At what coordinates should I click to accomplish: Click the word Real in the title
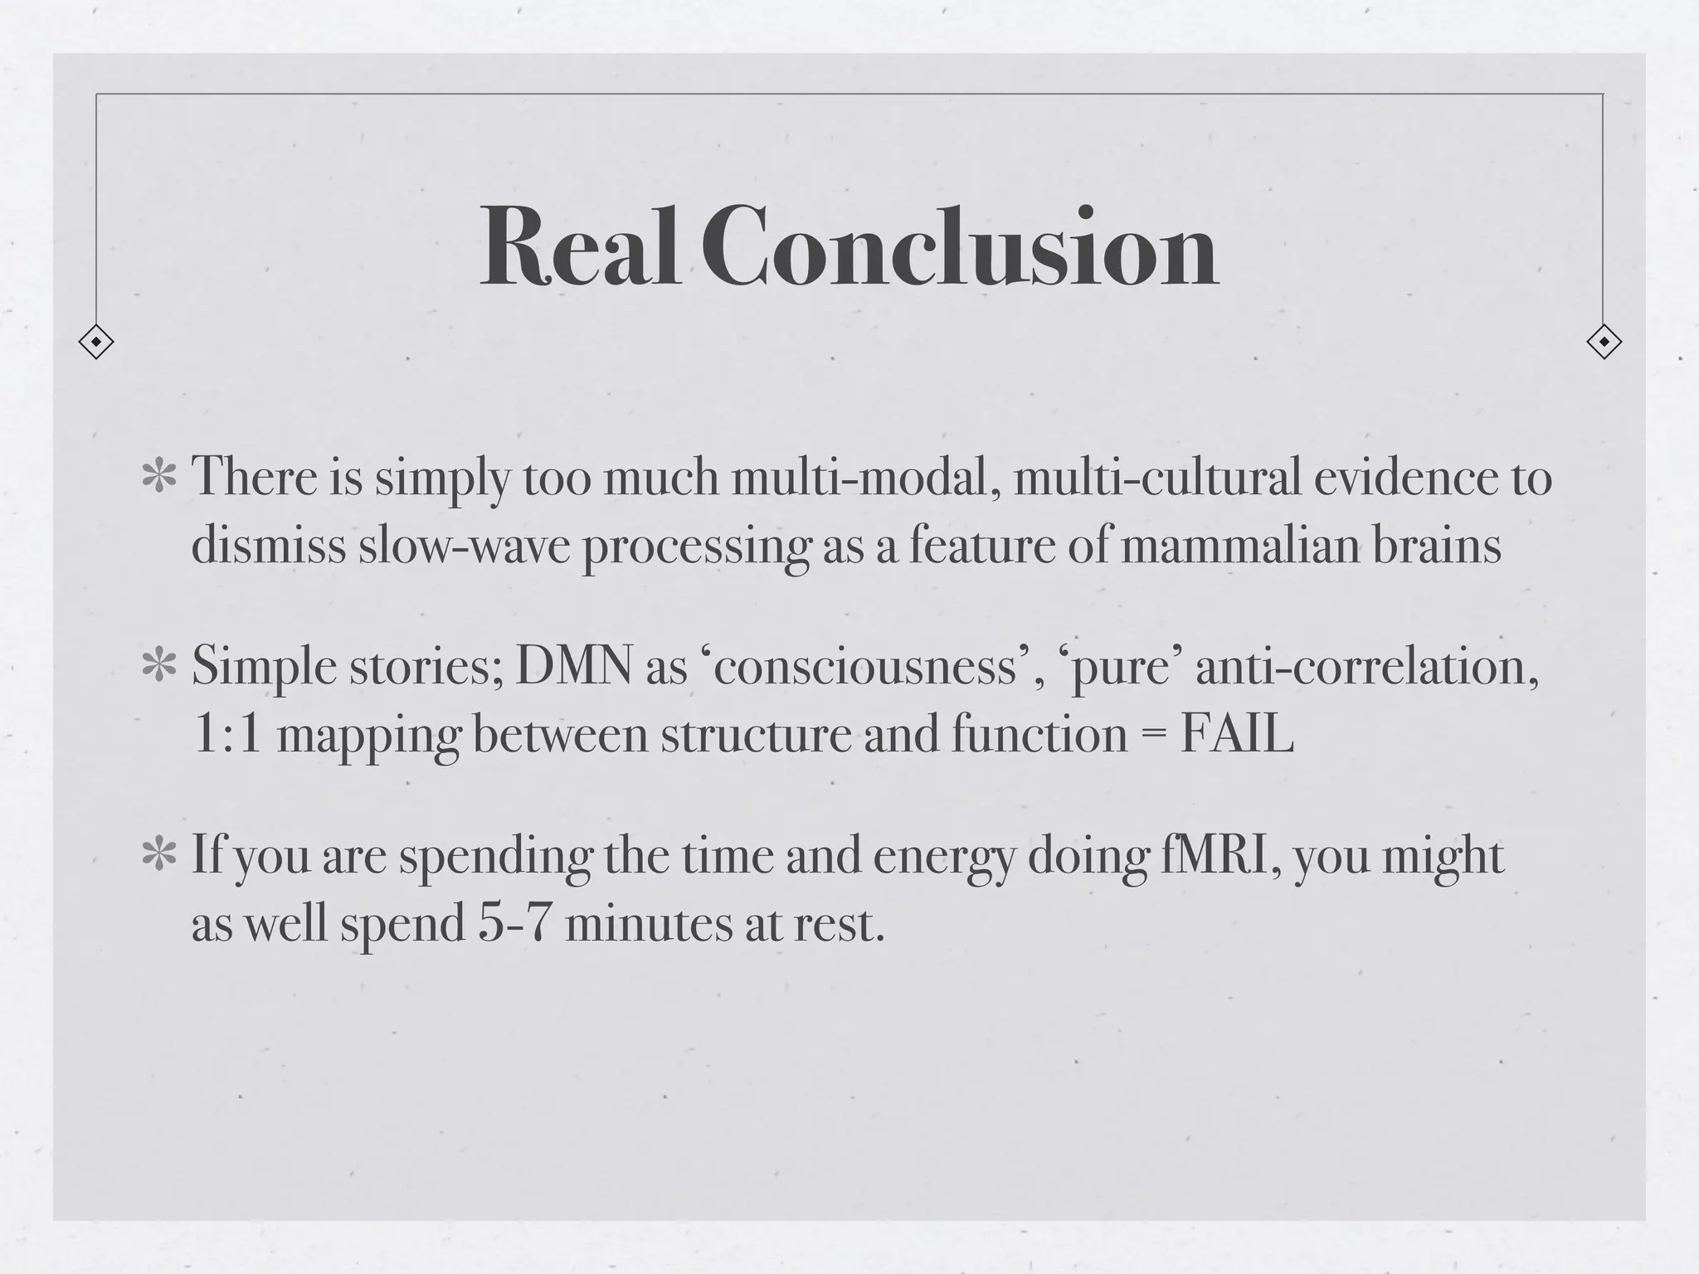[x=581, y=246]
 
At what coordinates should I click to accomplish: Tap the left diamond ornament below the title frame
[x=96, y=342]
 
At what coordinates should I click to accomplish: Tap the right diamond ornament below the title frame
[x=1604, y=342]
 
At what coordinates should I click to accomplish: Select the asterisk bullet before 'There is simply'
[x=158, y=479]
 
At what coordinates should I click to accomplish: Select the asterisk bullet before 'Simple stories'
[x=158, y=668]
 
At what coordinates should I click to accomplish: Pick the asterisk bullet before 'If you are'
[x=158, y=856]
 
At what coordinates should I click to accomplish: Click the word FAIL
[x=1236, y=734]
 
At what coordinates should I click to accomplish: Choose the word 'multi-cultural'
[x=1156, y=479]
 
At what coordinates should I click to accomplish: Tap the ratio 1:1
[x=227, y=734]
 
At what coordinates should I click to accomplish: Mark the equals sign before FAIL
[x=1153, y=736]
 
